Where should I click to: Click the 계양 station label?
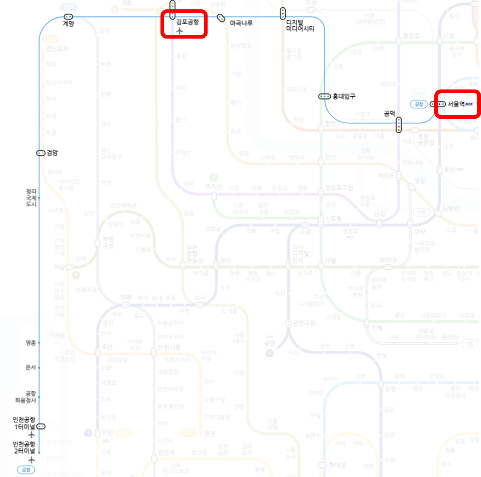(68, 24)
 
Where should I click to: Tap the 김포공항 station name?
(187, 22)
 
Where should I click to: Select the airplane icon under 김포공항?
(180, 31)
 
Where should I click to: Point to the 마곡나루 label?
(241, 23)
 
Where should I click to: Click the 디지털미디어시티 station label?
(300, 25)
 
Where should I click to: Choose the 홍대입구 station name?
(344, 96)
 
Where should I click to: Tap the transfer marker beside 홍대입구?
(324, 97)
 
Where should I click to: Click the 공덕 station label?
(389, 113)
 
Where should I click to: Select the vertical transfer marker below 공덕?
(399, 125)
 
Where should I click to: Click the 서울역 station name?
(456, 104)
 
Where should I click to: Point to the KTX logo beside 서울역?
(469, 104)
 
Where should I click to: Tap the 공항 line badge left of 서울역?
(419, 104)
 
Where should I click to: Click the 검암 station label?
(52, 153)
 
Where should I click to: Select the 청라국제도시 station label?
(31, 198)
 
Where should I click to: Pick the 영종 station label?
(31, 343)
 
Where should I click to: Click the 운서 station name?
(31, 367)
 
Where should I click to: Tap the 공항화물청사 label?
(26, 397)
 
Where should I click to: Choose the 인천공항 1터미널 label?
(24, 423)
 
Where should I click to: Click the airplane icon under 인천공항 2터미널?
(31, 460)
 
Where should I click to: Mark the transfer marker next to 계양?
(68, 17)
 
